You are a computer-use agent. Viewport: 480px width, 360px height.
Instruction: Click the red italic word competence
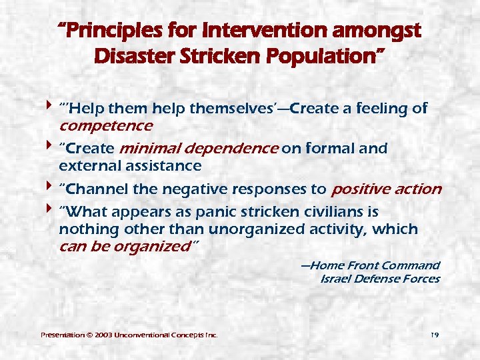click(x=106, y=125)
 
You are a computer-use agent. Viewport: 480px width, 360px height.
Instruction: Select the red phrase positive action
click(x=385, y=189)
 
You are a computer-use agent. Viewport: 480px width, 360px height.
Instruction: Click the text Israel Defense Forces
click(x=380, y=279)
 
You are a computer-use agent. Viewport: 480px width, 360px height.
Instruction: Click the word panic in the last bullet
click(x=207, y=213)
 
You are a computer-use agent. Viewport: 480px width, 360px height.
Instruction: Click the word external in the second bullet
click(x=86, y=165)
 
